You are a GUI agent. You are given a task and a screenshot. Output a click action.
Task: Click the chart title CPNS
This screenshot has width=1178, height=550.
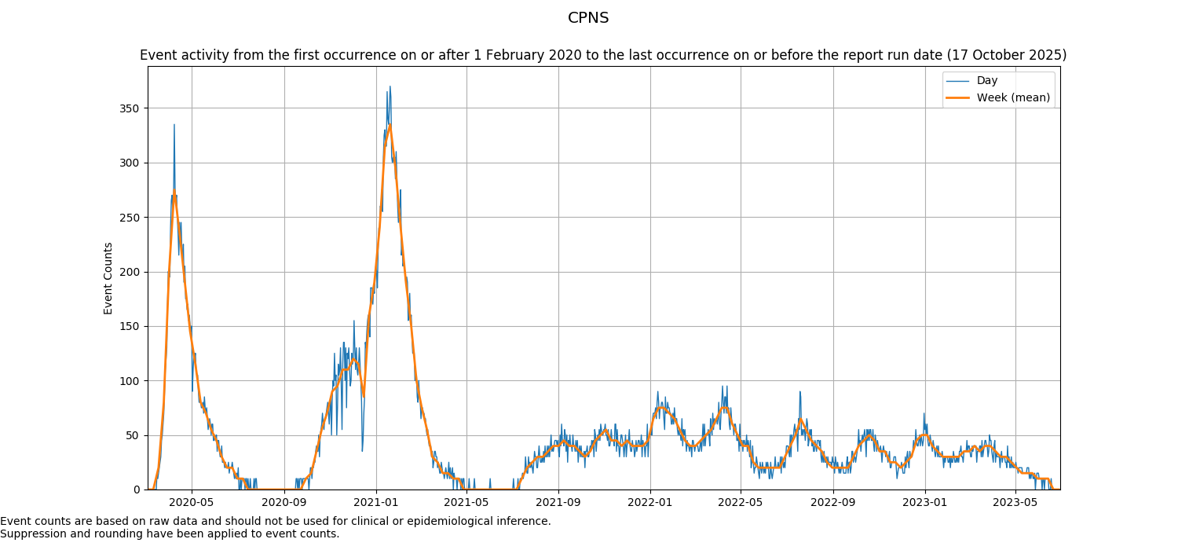pos(588,18)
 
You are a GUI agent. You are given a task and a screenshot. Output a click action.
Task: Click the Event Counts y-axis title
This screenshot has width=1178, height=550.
pos(108,278)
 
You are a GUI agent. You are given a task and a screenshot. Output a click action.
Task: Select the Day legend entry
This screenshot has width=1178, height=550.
pos(986,81)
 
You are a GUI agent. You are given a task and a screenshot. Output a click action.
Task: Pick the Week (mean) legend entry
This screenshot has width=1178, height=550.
pos(1012,98)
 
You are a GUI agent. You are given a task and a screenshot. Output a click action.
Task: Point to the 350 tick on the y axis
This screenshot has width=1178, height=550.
pos(131,108)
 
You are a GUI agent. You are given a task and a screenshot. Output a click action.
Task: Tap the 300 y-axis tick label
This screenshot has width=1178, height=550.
pos(131,163)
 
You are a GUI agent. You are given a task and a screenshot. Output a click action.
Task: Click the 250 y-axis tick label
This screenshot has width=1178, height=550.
pos(131,218)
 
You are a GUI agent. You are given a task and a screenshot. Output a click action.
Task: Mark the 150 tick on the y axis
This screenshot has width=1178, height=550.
pos(131,327)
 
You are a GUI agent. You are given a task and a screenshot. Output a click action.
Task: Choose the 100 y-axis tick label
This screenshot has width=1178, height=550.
pos(131,381)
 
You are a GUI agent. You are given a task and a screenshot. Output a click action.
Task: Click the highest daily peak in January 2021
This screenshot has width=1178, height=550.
pos(390,86)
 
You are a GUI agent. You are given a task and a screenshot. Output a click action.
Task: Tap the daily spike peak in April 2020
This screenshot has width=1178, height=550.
pos(174,124)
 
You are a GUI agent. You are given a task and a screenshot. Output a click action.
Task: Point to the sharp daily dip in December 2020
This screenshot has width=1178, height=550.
pos(362,450)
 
